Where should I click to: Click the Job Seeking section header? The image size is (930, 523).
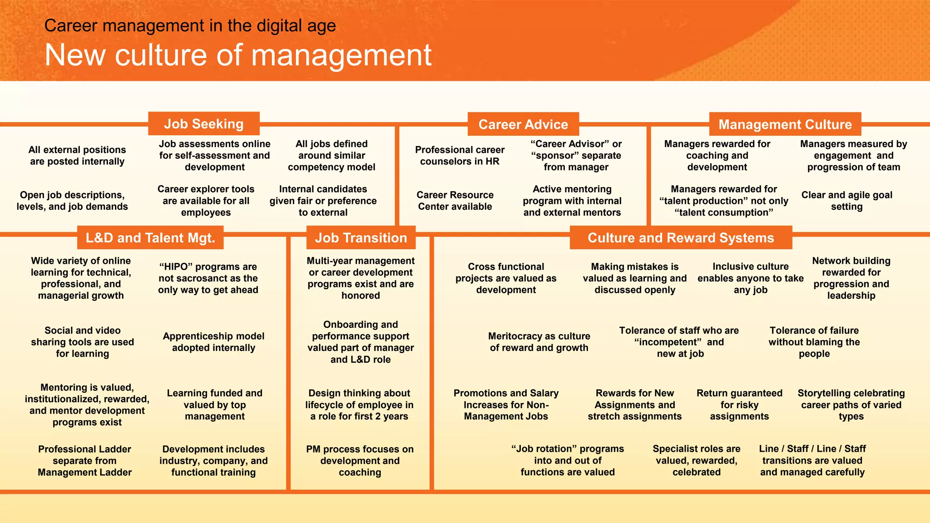click(x=204, y=123)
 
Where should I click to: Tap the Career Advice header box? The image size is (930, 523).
click(x=523, y=124)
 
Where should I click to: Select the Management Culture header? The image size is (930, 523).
click(x=785, y=124)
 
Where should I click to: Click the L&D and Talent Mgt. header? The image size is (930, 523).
click(x=150, y=237)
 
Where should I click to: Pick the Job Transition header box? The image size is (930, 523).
click(x=361, y=237)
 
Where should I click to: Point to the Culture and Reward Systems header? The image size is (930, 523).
click(x=681, y=237)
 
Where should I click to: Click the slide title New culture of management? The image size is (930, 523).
click(x=238, y=55)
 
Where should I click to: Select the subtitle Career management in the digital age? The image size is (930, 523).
click(x=190, y=25)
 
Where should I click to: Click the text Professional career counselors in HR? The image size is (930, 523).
click(x=460, y=155)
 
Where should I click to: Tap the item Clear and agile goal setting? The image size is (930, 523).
click(x=847, y=200)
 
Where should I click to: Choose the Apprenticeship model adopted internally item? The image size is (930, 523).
click(x=213, y=342)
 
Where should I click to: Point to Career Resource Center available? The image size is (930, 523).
click(x=455, y=200)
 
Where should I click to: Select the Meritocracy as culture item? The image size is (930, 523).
click(x=539, y=342)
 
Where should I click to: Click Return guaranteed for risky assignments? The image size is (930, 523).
click(x=739, y=405)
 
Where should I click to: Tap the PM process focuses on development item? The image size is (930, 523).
click(x=360, y=460)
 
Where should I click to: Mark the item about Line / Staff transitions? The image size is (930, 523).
click(x=812, y=460)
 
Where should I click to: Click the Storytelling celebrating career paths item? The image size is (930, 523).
click(x=851, y=405)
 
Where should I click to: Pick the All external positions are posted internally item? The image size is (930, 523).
click(x=77, y=155)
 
